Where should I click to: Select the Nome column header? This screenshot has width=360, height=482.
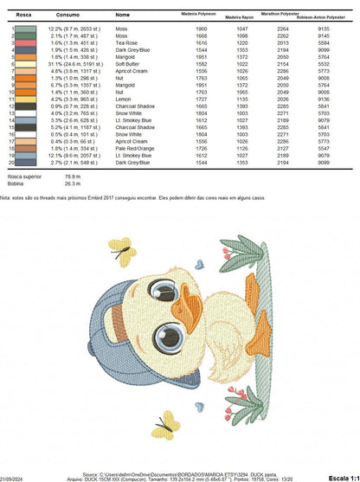click(122, 15)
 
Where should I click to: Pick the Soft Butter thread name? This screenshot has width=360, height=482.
click(126, 64)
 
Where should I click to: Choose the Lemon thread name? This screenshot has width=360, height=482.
click(123, 100)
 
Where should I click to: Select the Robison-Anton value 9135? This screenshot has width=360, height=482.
click(324, 29)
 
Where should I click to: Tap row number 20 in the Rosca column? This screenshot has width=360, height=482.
click(12, 163)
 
